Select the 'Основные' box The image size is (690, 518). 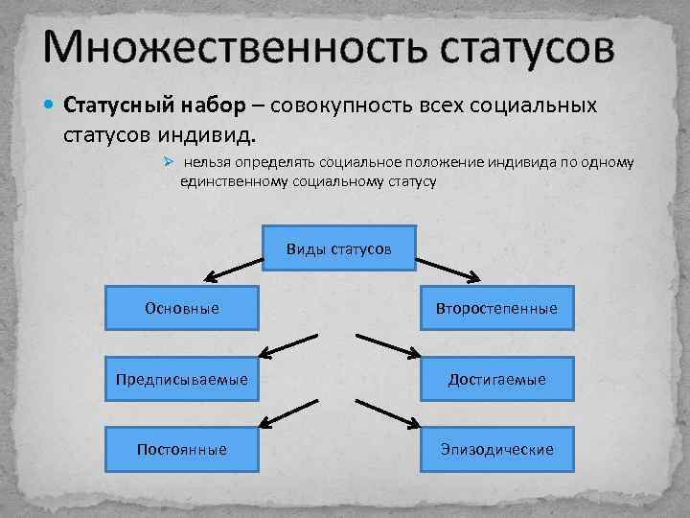click(181, 309)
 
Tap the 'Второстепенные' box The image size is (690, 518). click(496, 309)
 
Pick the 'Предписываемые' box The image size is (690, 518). click(181, 380)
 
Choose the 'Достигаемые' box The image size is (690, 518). click(496, 380)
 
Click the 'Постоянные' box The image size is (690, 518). click(181, 449)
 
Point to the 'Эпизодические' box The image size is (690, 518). click(496, 449)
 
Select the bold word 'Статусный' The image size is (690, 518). click(117, 105)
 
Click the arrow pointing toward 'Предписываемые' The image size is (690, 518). click(287, 345)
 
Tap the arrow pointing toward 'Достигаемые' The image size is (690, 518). click(388, 345)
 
